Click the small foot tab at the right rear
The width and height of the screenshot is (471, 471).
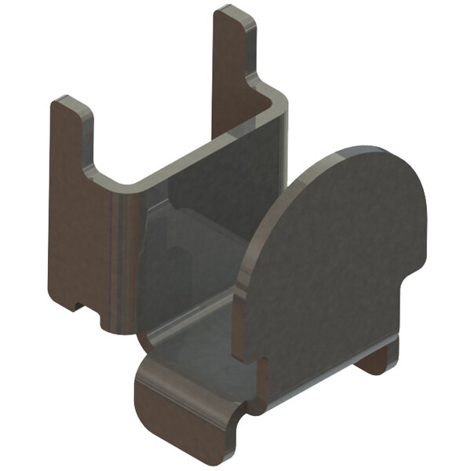pyautogui.click(x=377, y=361)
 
